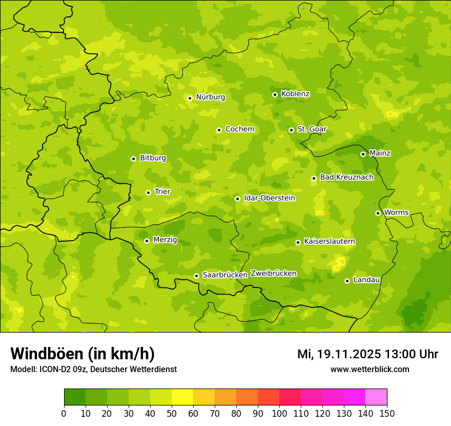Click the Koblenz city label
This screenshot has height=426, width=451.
click(x=295, y=94)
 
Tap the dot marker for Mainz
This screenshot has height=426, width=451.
click(x=363, y=154)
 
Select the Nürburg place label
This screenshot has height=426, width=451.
click(x=210, y=97)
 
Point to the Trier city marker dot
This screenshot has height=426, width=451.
click(x=148, y=192)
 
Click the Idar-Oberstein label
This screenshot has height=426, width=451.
click(x=269, y=198)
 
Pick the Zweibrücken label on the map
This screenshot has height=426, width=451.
click(x=273, y=274)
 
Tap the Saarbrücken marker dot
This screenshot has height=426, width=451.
click(x=196, y=276)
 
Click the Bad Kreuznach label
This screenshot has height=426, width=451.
click(x=346, y=178)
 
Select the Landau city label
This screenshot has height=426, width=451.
click(x=366, y=280)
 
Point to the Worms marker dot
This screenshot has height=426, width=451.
click(x=378, y=213)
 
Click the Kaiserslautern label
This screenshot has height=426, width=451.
click(x=330, y=242)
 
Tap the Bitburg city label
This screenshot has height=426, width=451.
click(x=153, y=158)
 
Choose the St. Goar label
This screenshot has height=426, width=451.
click(x=312, y=129)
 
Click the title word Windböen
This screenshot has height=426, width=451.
click(x=46, y=354)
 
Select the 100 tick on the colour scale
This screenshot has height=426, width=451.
click(x=279, y=413)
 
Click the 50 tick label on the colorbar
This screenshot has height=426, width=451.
click(x=172, y=413)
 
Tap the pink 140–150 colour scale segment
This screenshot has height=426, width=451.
click(x=376, y=397)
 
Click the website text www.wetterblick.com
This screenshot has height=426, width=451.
click(x=370, y=370)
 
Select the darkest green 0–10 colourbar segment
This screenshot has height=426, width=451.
click(x=75, y=397)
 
